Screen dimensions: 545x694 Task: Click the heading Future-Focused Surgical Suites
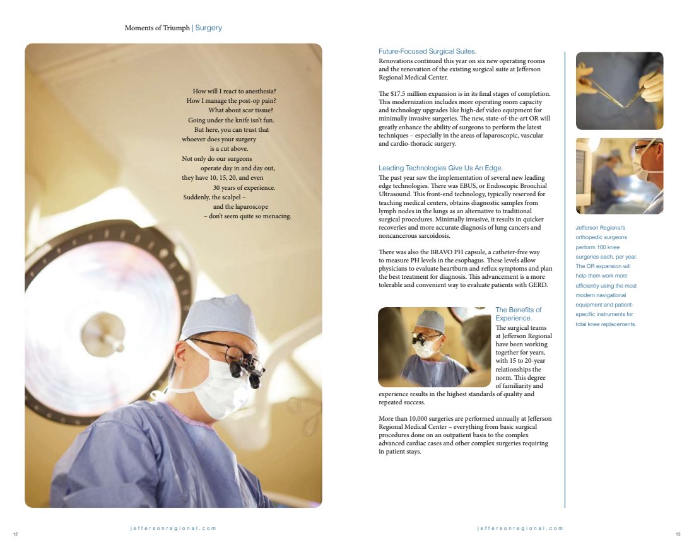tap(427, 51)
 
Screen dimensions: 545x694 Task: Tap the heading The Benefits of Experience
tap(518, 314)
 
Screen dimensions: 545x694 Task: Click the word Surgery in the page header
tap(209, 28)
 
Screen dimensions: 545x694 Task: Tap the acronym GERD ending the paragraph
tap(539, 285)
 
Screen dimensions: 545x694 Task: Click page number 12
tap(15, 534)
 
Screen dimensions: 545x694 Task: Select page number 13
tap(678, 534)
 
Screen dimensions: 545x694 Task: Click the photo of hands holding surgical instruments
tap(620, 91)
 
